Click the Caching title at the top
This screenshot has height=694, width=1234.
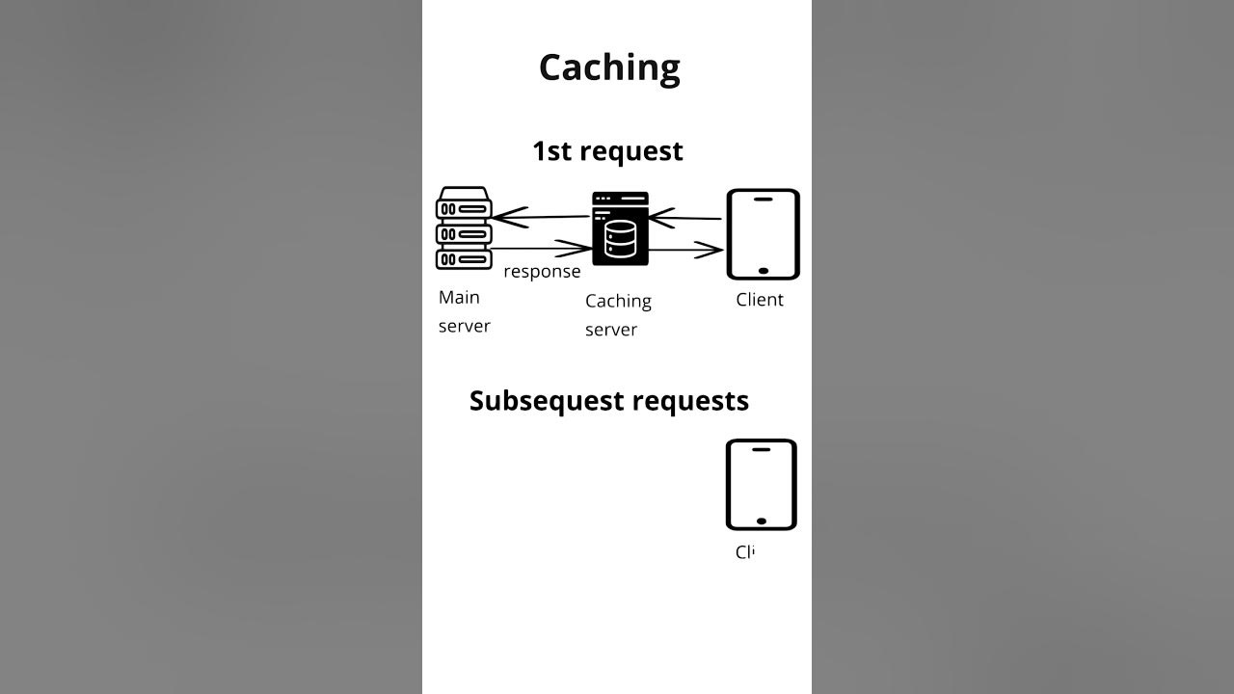pyautogui.click(x=609, y=67)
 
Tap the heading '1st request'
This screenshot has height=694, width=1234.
pyautogui.click(x=607, y=151)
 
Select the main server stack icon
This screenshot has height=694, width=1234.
pyautogui.click(x=464, y=228)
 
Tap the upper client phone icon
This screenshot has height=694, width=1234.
pyautogui.click(x=763, y=234)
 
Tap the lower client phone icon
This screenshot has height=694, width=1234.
pyautogui.click(x=762, y=484)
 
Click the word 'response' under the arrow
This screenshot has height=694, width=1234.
pyautogui.click(x=542, y=272)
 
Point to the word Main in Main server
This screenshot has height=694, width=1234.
pyautogui.click(x=459, y=298)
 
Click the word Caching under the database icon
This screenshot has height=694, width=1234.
pyautogui.click(x=618, y=302)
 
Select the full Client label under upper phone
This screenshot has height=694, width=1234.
pyautogui.click(x=760, y=300)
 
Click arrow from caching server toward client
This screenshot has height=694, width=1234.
pyautogui.click(x=686, y=251)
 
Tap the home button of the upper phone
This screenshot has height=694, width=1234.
pyautogui.click(x=763, y=271)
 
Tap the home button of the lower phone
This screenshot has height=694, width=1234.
pyautogui.click(x=762, y=520)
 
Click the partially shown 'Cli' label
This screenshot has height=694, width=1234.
pyautogui.click(x=744, y=552)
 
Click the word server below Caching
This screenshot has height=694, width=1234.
pyautogui.click(x=611, y=330)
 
